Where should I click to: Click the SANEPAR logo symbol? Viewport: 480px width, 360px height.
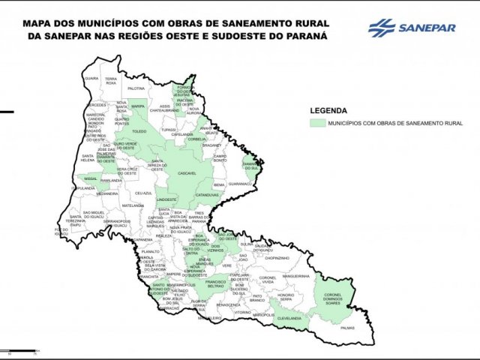382,28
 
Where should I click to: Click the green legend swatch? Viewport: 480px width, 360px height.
318,121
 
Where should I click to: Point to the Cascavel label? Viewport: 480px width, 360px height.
186,173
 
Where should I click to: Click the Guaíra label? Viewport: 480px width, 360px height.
91,78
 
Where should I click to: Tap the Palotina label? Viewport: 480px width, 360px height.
135,88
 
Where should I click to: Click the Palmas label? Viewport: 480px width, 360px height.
346,328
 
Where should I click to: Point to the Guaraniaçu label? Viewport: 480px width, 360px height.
240,183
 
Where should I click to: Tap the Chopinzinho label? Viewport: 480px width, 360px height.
277,257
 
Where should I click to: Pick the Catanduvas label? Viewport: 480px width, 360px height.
206,195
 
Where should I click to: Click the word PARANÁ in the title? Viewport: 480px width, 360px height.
304,34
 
